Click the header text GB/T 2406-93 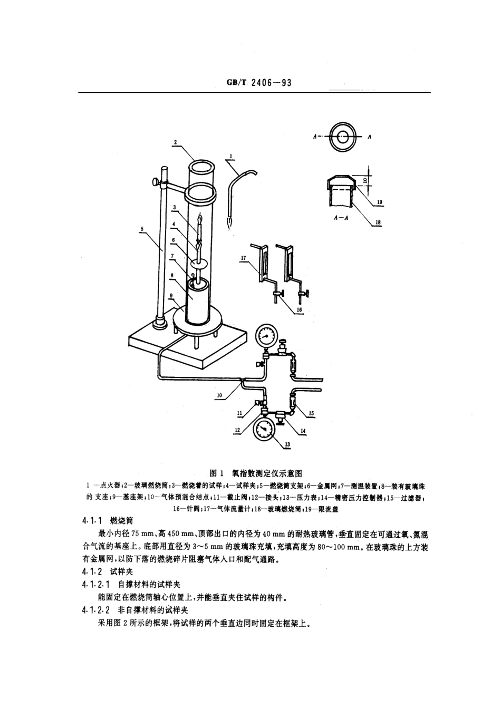pos(259,83)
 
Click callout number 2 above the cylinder pos(175,142)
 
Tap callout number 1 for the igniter pos(230,157)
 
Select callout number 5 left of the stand pos(142,228)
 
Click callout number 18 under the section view pos(377,223)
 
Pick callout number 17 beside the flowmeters pos(243,258)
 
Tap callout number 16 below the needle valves pos(299,310)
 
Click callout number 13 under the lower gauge pos(287,444)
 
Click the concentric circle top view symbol pos(342,137)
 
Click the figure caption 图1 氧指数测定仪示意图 pos(255,473)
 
